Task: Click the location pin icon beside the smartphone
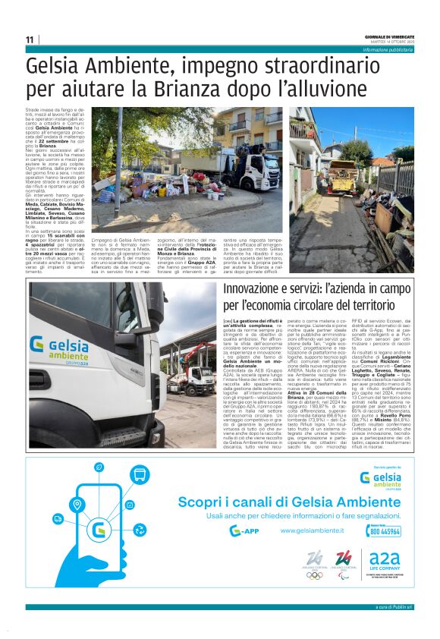point(77,505)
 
